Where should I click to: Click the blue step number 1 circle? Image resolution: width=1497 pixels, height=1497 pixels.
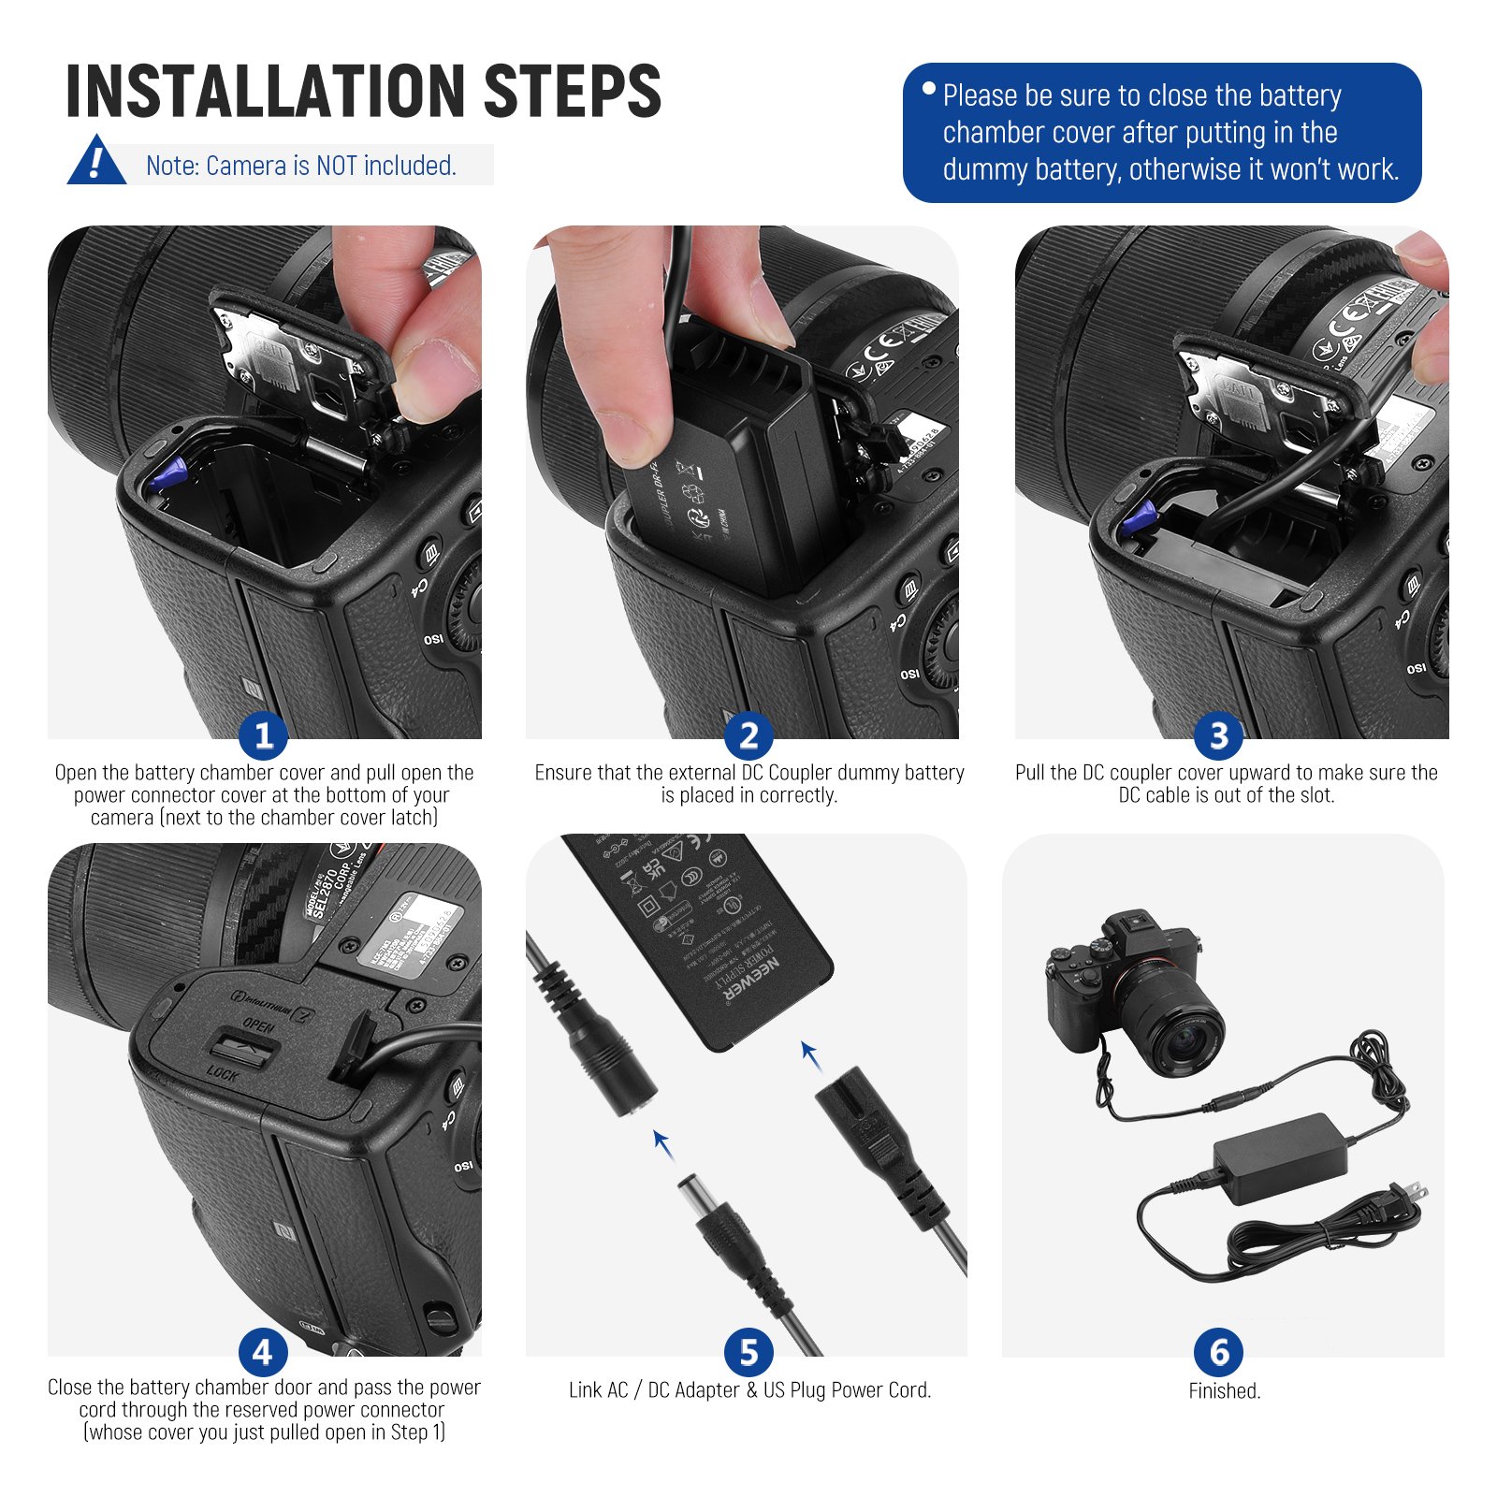pos(263,735)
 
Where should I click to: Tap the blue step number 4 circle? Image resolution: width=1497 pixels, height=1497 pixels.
pos(263,1352)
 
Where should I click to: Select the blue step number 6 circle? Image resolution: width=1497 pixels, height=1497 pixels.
pos(1218,1352)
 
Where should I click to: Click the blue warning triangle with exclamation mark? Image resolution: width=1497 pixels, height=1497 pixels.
pos(95,163)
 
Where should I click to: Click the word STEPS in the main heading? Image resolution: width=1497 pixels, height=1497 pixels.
pos(572,92)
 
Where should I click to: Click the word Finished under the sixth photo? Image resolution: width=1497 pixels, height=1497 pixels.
pos(1223,1391)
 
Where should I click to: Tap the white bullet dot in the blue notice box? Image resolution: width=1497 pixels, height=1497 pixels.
pos(928,89)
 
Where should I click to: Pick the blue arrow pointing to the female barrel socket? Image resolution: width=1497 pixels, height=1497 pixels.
pos(662,1143)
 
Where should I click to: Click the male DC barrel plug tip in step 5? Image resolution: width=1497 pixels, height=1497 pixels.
pos(698,1197)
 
